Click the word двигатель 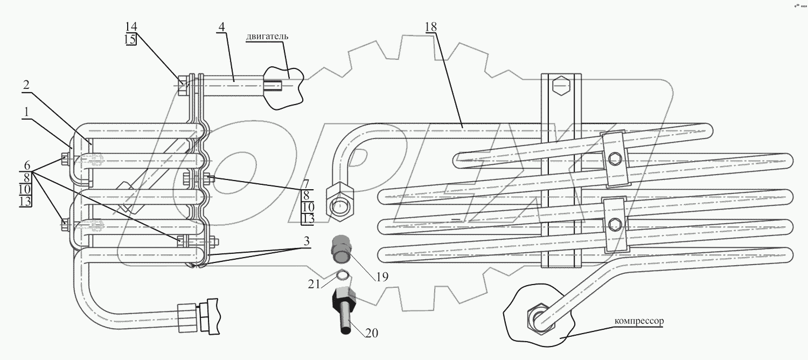point(267,37)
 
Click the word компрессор point(639,321)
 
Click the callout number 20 point(372,333)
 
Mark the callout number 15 point(131,40)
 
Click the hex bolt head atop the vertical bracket point(560,85)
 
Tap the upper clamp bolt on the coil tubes point(614,158)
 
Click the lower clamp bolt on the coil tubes point(614,224)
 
